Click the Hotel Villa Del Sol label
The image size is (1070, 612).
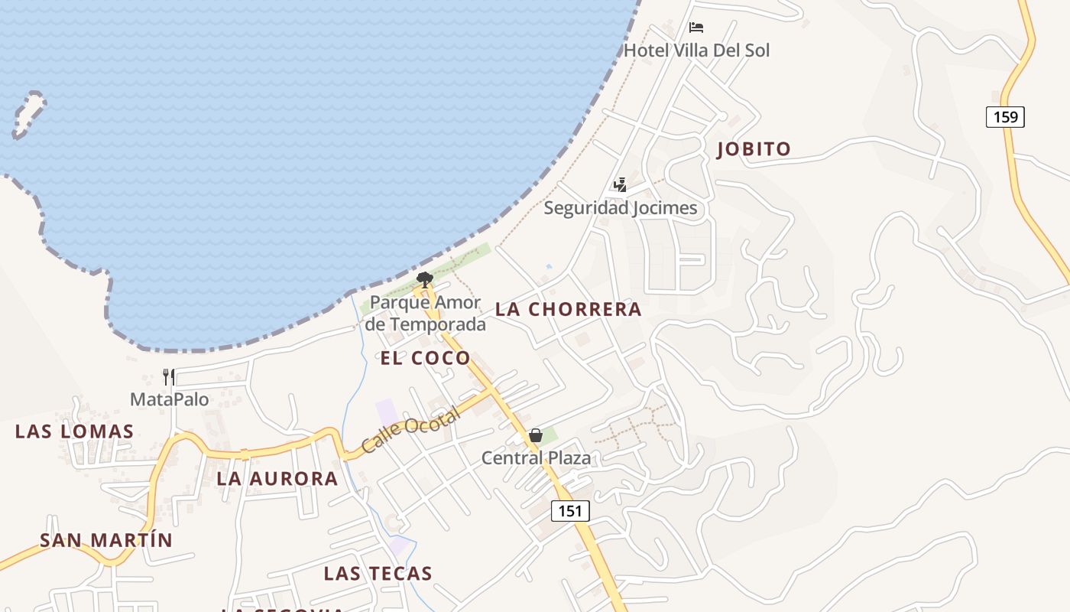(x=696, y=50)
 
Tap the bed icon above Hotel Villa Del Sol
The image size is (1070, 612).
(x=695, y=28)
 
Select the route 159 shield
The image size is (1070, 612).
(x=1005, y=117)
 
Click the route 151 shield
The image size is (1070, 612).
(x=570, y=511)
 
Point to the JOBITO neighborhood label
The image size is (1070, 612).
(x=754, y=149)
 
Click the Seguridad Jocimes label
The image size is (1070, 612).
(x=620, y=208)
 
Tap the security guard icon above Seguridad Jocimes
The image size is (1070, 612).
(x=620, y=185)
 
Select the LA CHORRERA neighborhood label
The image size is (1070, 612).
(x=568, y=309)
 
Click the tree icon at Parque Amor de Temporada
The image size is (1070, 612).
(x=425, y=280)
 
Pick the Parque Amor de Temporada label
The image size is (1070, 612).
(x=425, y=314)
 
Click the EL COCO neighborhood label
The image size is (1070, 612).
(x=425, y=358)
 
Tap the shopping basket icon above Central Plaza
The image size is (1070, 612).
(x=536, y=435)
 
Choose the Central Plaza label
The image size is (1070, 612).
(x=536, y=458)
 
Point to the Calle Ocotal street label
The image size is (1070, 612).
(x=410, y=431)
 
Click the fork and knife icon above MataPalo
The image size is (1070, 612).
(x=169, y=376)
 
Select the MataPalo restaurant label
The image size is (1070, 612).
(x=169, y=399)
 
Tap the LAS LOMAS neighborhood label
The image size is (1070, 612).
(x=75, y=431)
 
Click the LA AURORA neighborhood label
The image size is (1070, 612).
(x=277, y=479)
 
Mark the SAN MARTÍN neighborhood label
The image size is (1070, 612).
(x=106, y=540)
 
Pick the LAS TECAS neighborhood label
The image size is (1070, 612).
(x=378, y=573)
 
